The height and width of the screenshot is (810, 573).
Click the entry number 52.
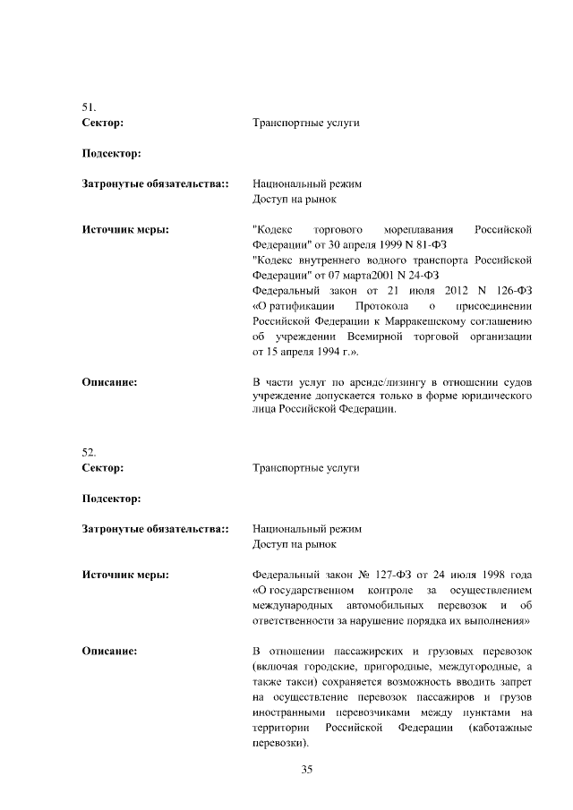point(90,453)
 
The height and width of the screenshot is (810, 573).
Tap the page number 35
point(306,769)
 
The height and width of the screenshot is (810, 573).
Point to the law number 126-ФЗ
point(511,291)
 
